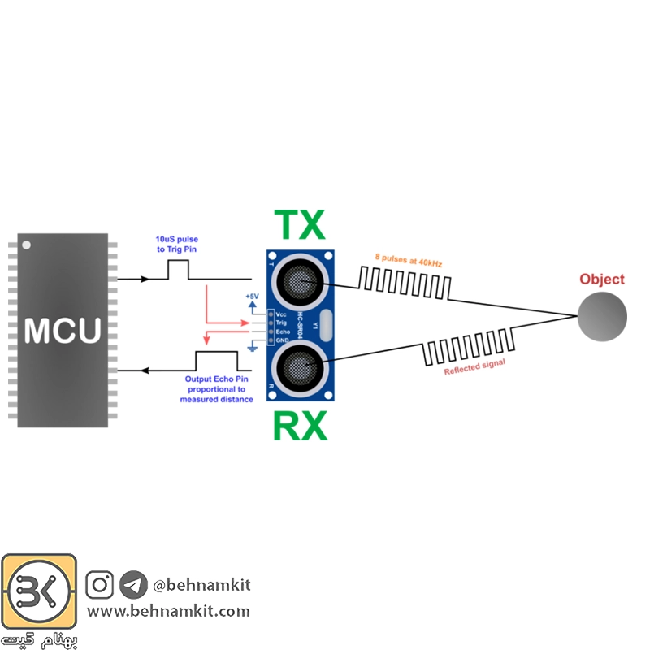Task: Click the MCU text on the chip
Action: [63, 331]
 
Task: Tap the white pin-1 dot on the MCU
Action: [26, 245]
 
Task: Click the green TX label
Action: [300, 225]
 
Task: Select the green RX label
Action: [300, 426]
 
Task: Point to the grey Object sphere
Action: [602, 317]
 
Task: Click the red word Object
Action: [602, 279]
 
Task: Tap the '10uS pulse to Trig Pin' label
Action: [176, 245]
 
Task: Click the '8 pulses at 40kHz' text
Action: [409, 260]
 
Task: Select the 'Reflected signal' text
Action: [474, 367]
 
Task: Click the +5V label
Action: [252, 296]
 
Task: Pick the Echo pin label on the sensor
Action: [283, 331]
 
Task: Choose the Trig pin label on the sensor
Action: [281, 323]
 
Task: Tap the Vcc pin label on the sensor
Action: [281, 314]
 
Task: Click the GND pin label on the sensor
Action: [282, 340]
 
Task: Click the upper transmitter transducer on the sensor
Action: [299, 281]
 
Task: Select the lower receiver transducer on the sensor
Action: [299, 368]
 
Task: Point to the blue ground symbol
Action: [252, 347]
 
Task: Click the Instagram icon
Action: [99, 584]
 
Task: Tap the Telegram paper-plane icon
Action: [133, 584]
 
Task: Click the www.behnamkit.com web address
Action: [168, 611]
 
